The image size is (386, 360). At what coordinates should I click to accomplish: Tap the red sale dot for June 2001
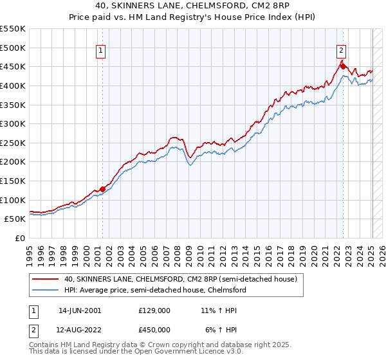(102, 189)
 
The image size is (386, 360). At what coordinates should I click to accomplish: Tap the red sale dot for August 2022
(343, 66)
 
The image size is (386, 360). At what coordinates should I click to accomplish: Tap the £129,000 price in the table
(154, 310)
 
